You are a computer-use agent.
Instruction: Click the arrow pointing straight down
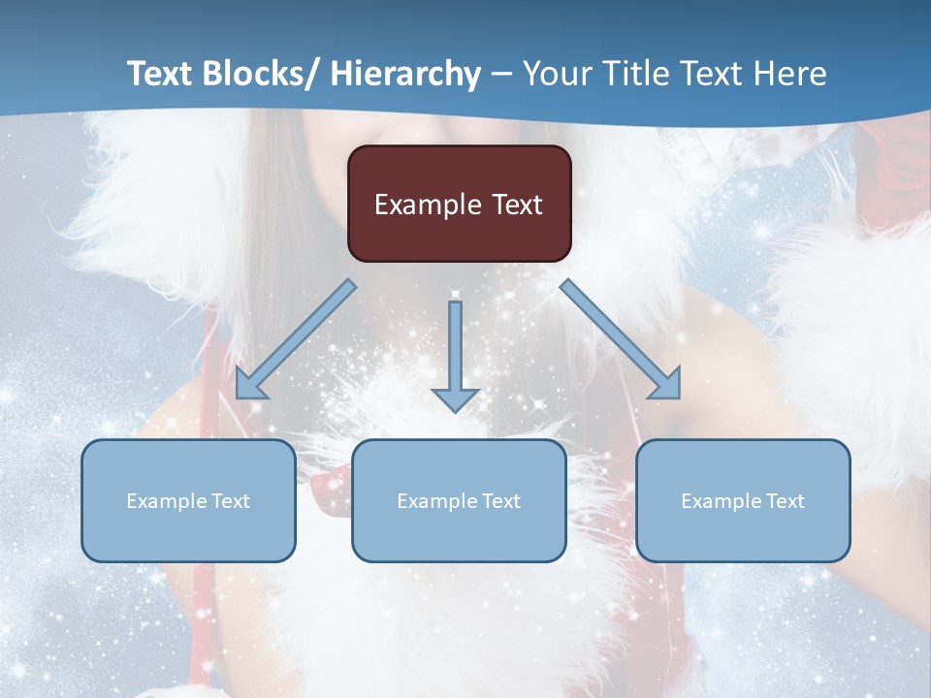455,354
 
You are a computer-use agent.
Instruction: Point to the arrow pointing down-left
296,339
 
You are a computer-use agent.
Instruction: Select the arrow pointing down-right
621,339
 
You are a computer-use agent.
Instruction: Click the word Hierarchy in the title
405,74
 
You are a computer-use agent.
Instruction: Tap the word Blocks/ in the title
259,74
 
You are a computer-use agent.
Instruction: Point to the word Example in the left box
166,501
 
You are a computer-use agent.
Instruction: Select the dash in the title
501,75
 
